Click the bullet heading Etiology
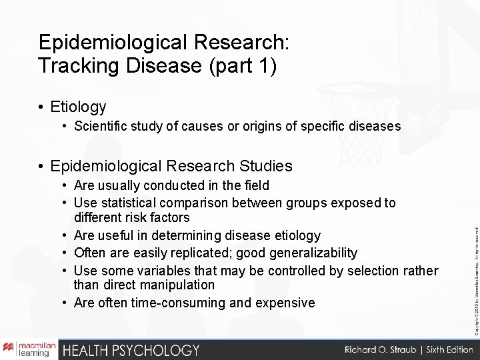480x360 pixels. pyautogui.click(x=78, y=106)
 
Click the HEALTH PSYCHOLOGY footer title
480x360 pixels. pyautogui.click(x=131, y=349)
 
